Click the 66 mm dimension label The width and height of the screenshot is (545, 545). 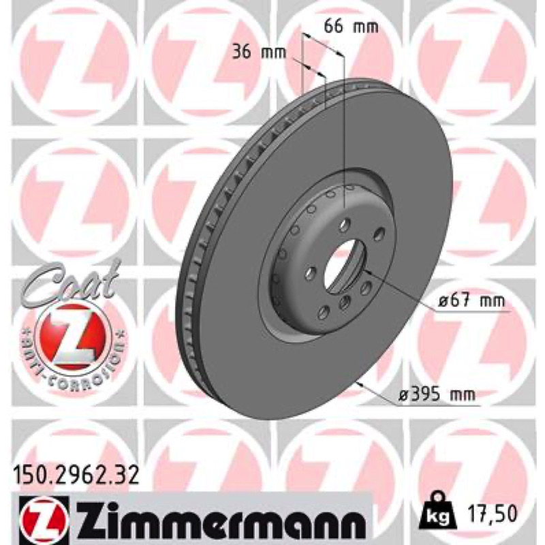point(351,27)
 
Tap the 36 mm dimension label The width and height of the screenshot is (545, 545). point(260,52)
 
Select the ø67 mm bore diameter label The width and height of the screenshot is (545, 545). point(471,300)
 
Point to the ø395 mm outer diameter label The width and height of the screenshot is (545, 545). point(437,394)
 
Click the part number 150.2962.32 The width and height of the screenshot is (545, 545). point(76,476)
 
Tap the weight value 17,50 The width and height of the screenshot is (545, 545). point(493,514)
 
